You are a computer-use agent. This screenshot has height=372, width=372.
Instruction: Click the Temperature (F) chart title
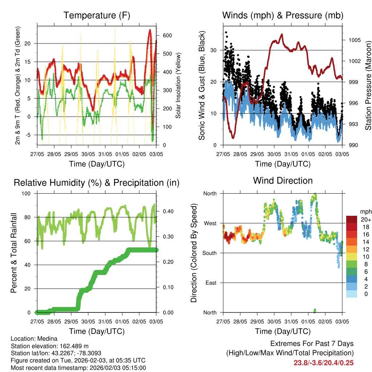tap(97, 16)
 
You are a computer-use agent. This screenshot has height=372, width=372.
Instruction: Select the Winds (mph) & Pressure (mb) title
tap(283, 16)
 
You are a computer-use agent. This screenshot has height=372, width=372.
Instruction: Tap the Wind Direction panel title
tap(283, 181)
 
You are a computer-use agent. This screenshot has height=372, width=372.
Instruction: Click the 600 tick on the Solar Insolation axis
tap(167, 36)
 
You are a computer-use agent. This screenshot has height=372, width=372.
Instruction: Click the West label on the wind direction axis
tap(210, 223)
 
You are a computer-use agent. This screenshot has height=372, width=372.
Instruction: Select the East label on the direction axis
tap(210, 283)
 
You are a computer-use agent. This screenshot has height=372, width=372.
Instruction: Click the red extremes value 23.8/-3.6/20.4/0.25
tap(323, 363)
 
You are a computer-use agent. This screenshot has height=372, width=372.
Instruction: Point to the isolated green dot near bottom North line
tap(315, 310)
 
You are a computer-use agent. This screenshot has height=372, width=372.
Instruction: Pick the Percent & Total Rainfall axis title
tap(14, 253)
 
